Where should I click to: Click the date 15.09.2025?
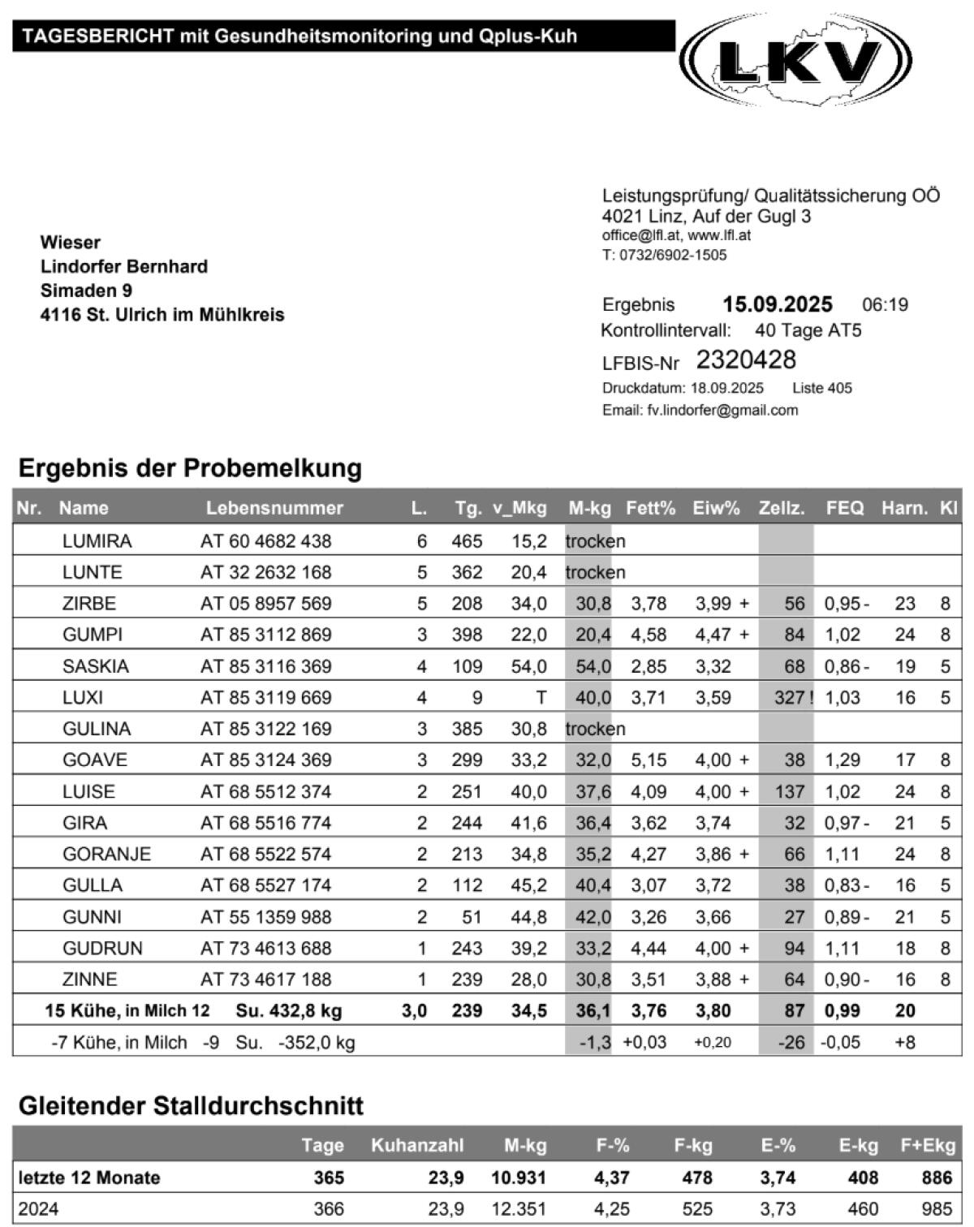coord(777,304)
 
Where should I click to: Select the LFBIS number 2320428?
coord(746,359)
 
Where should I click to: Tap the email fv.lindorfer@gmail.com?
coord(722,410)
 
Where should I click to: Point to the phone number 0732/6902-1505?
coord(674,255)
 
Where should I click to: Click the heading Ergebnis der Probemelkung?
coord(190,468)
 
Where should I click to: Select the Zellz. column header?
coord(781,508)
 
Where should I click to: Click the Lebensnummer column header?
coord(274,508)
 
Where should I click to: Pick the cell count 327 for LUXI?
coord(789,697)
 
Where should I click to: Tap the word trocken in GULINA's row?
coord(595,729)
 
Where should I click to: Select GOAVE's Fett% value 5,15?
coord(649,760)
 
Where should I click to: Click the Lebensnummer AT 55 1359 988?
coord(265,917)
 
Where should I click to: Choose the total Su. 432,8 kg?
coord(288,1011)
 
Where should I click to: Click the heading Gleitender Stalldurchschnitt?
coord(191,1105)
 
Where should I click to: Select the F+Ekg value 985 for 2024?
coord(937,1209)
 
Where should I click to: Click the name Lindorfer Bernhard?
coord(124,266)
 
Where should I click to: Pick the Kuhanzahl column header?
coord(417,1145)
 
